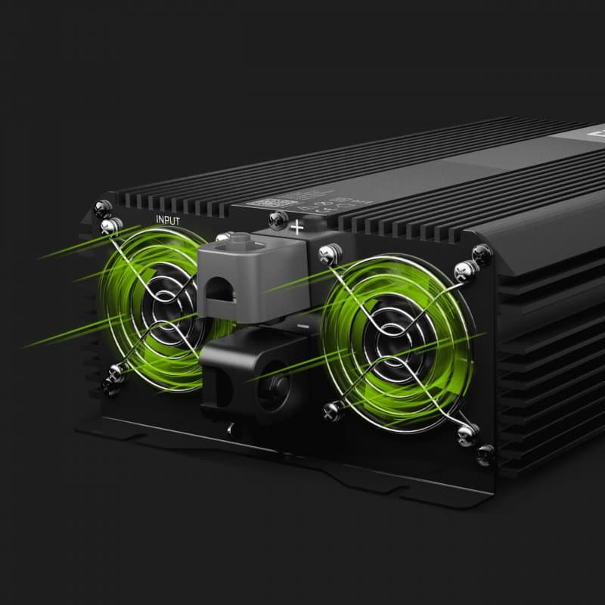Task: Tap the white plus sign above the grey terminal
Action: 297,226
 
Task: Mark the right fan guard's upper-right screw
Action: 464,268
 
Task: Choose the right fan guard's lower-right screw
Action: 467,433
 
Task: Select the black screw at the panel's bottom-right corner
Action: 485,454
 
